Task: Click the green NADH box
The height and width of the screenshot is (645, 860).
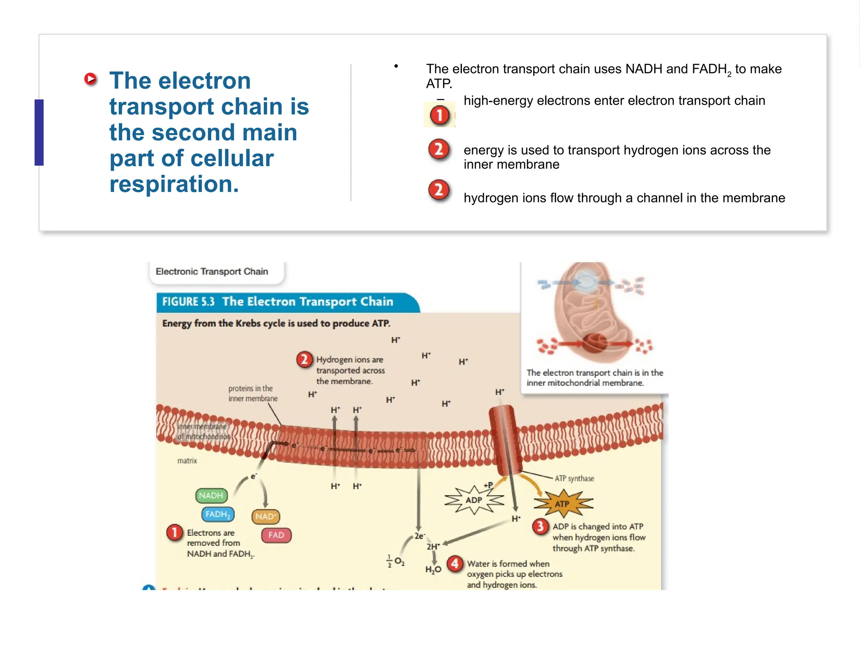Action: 211,496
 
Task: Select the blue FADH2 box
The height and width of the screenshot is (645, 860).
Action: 218,514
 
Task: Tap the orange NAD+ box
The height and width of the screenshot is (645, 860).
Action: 265,517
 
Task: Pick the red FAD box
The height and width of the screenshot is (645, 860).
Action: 276,535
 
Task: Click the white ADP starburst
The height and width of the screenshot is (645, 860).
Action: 474,500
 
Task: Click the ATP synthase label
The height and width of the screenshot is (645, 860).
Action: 574,478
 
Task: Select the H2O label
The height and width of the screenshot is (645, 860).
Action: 433,569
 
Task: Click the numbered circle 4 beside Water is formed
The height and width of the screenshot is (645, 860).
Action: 455,564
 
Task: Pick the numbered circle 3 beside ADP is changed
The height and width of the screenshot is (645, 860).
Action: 540,526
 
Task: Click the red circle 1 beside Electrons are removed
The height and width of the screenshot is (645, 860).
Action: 174,532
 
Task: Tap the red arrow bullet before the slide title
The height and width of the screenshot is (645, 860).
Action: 90,79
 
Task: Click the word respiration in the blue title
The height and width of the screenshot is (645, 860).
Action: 174,184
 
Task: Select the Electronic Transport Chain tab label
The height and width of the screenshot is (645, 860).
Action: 212,272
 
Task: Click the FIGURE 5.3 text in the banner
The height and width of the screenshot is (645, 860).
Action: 188,302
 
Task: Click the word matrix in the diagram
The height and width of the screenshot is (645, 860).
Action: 187,461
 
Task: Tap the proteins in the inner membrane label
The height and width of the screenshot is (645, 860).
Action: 253,393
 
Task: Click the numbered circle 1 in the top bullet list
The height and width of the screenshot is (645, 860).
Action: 439,115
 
